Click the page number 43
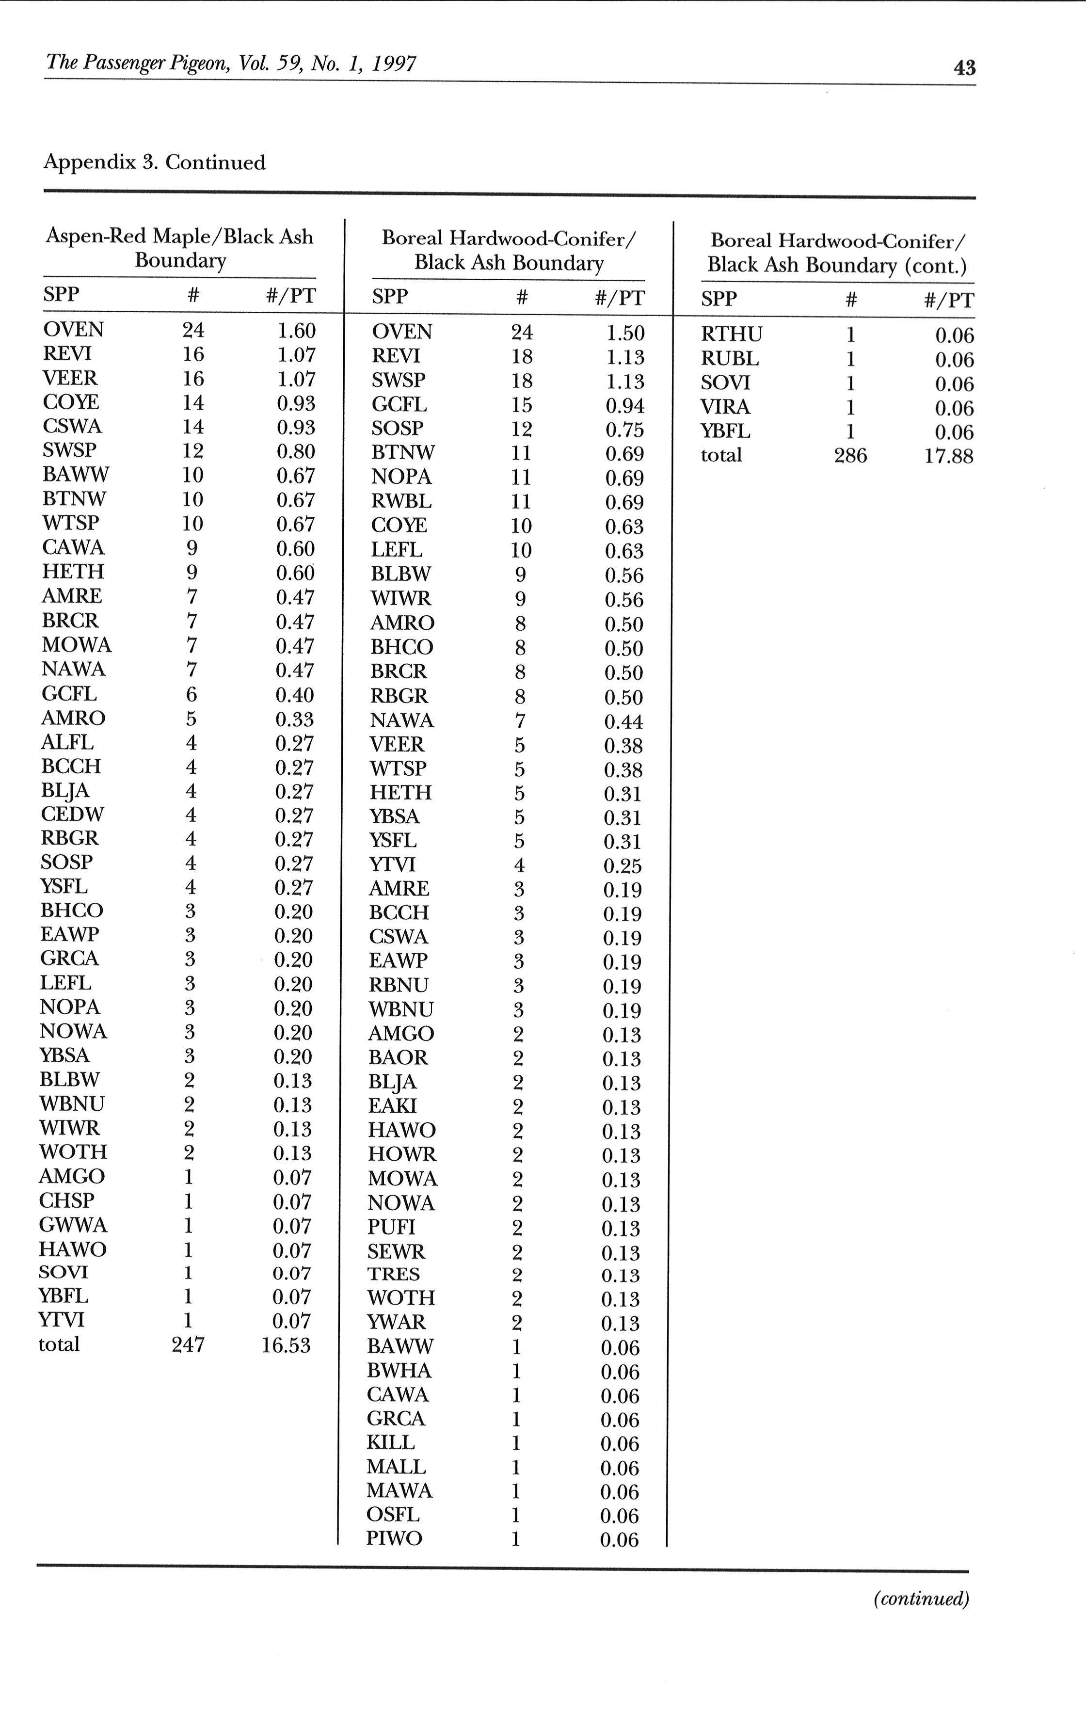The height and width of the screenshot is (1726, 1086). click(964, 67)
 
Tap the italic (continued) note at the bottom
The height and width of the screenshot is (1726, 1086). click(920, 1598)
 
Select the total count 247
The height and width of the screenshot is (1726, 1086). click(188, 1344)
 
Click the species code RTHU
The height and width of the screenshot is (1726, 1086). click(731, 335)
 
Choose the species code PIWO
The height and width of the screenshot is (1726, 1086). click(394, 1538)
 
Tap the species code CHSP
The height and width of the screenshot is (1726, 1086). click(67, 1200)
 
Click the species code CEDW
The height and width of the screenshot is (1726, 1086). click(72, 815)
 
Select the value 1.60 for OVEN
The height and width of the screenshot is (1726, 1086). click(296, 331)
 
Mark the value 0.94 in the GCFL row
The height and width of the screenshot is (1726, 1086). click(624, 406)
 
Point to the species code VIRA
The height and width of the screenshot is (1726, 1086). click(725, 407)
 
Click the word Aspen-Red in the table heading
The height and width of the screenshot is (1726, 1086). click(96, 237)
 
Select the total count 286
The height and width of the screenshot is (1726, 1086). click(850, 456)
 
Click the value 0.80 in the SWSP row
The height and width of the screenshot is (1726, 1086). click(295, 451)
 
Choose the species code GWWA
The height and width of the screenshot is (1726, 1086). click(73, 1225)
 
